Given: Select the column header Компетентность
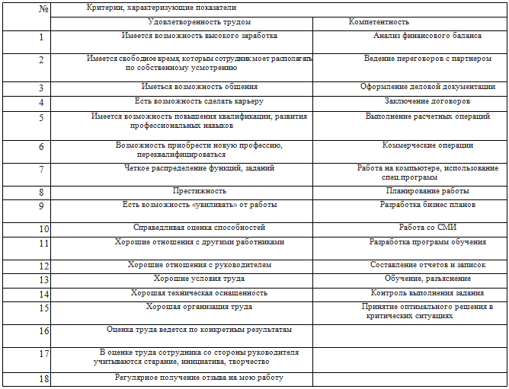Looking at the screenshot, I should (379, 23).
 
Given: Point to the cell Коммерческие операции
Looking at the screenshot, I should (427, 145).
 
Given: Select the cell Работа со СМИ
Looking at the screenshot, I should (427, 228).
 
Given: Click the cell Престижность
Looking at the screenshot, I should (200, 191).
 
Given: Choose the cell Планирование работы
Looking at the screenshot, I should (427, 191).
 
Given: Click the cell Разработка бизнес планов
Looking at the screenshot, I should (427, 205).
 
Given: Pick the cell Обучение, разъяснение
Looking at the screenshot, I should (427, 279).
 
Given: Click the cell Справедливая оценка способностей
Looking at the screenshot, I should (199, 228).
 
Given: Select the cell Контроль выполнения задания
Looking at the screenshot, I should (427, 292).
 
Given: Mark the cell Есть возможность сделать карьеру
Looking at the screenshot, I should (199, 100).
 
